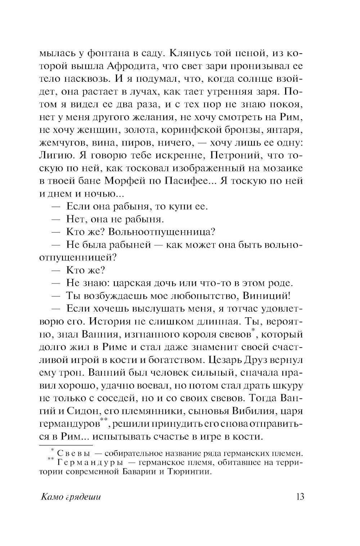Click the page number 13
(300, 497)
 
